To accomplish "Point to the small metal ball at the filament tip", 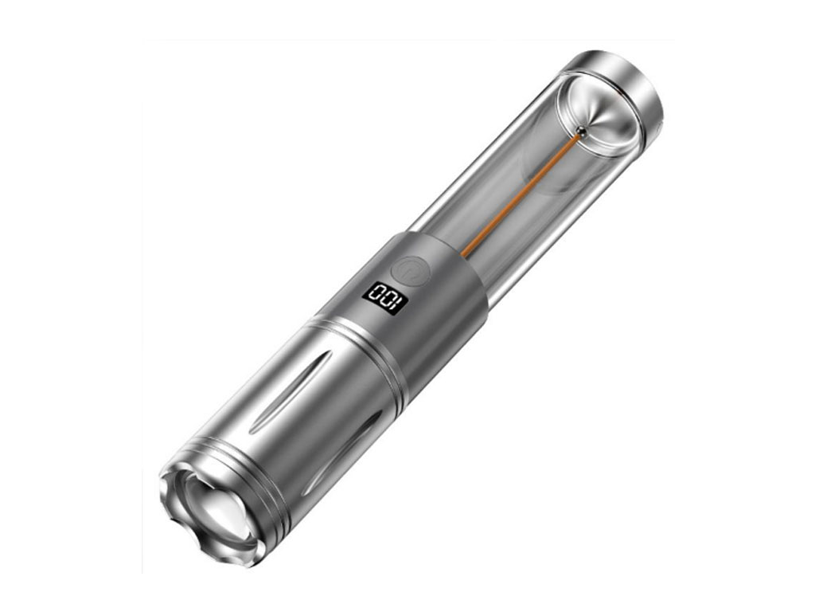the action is [583, 132].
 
